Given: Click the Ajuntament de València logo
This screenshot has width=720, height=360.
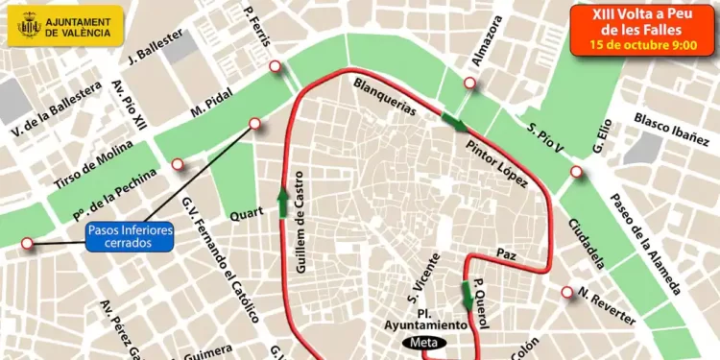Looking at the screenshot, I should (65, 26).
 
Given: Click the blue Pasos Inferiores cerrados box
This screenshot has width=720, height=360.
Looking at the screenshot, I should (130, 237).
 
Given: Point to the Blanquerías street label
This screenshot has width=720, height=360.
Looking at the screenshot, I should (385, 96).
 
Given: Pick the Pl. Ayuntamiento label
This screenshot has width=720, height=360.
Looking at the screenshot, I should (427, 318).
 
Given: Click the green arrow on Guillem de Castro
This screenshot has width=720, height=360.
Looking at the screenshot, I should (283, 203).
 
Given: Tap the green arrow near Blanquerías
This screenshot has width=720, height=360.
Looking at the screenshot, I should (454, 122).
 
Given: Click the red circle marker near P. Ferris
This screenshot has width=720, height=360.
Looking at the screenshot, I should (276, 66).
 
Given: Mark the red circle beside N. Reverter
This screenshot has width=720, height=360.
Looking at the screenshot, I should (567, 293).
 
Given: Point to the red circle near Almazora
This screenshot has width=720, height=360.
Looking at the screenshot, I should (471, 83).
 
